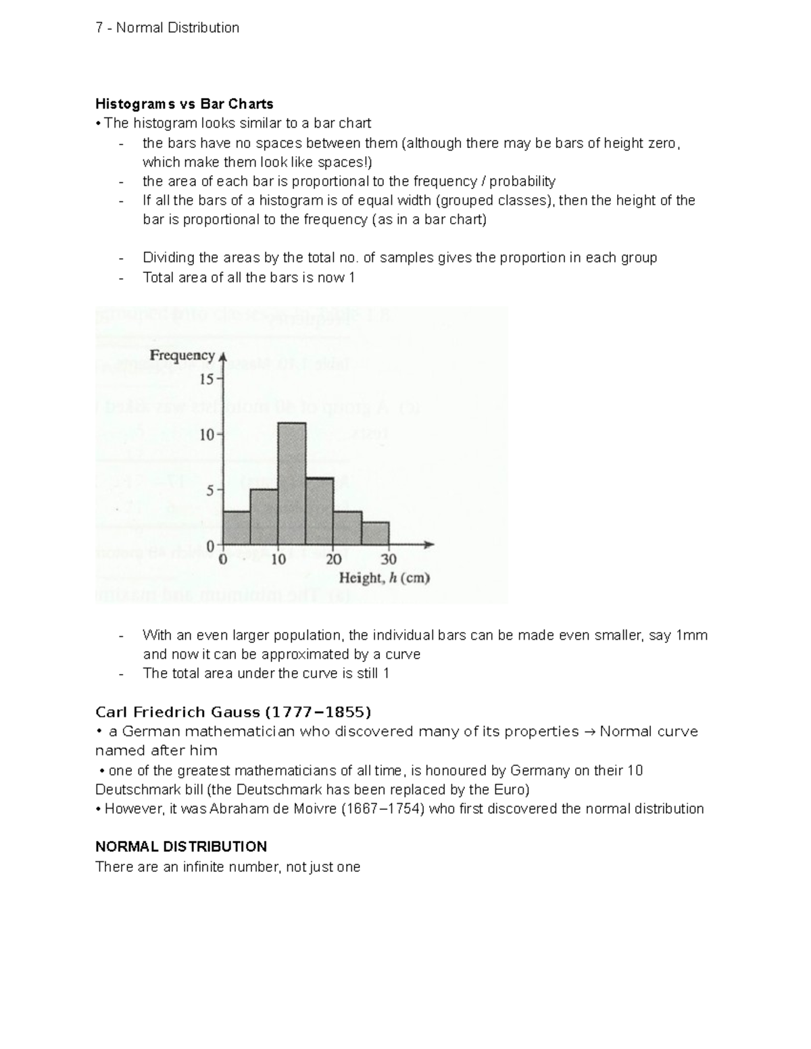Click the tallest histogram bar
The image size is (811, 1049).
pyautogui.click(x=291, y=484)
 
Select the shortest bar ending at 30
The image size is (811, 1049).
pyautogui.click(x=375, y=533)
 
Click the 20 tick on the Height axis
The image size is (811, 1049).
pyautogui.click(x=334, y=559)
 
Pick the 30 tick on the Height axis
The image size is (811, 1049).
pyautogui.click(x=389, y=559)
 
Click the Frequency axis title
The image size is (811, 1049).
pyautogui.click(x=182, y=355)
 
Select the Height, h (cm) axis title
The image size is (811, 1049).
pyautogui.click(x=384, y=578)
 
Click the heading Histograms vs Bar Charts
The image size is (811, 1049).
pyautogui.click(x=184, y=104)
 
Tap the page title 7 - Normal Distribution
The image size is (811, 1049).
pyautogui.click(x=168, y=28)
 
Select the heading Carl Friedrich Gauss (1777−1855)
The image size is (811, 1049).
pyautogui.click(x=233, y=712)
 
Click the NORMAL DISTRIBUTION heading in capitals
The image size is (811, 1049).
pyautogui.click(x=181, y=847)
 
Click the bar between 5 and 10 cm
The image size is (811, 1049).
pyautogui.click(x=264, y=517)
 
